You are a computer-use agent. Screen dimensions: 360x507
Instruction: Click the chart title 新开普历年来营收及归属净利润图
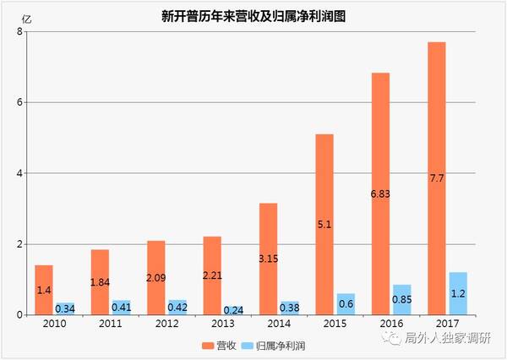point(254,16)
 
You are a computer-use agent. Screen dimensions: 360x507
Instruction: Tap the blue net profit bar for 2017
point(458,293)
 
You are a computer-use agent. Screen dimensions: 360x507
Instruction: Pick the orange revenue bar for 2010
point(44,290)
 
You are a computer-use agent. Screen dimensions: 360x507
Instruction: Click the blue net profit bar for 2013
point(233,310)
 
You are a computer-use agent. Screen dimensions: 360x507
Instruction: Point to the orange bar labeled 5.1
point(324,224)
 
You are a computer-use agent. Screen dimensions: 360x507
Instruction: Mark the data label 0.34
point(64,309)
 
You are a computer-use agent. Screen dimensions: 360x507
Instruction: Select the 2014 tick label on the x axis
point(279,324)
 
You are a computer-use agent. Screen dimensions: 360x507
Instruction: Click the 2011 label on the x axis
point(110,324)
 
